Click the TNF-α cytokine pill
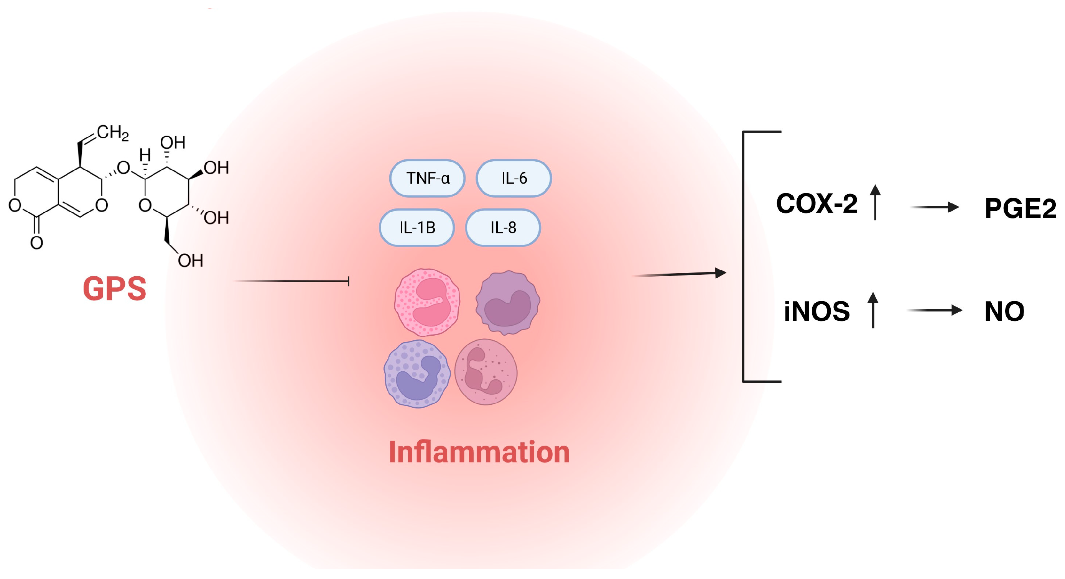coord(427,179)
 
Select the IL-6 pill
coord(514,179)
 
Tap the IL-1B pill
coord(417,228)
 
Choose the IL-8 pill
coord(503,228)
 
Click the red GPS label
coord(115,288)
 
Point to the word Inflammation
coord(479,452)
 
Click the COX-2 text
coord(816,203)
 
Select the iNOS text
coord(816,311)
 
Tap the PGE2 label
coord(1019,208)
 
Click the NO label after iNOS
coord(1004,311)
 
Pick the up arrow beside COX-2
coord(875,202)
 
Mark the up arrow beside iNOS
coord(873,310)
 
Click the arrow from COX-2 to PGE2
coord(935,207)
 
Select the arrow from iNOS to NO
coord(934,310)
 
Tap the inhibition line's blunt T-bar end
coord(349,281)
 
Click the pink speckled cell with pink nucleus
coord(427,302)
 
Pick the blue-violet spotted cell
coord(417,374)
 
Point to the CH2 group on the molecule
coord(113,133)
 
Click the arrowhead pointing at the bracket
coord(720,272)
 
